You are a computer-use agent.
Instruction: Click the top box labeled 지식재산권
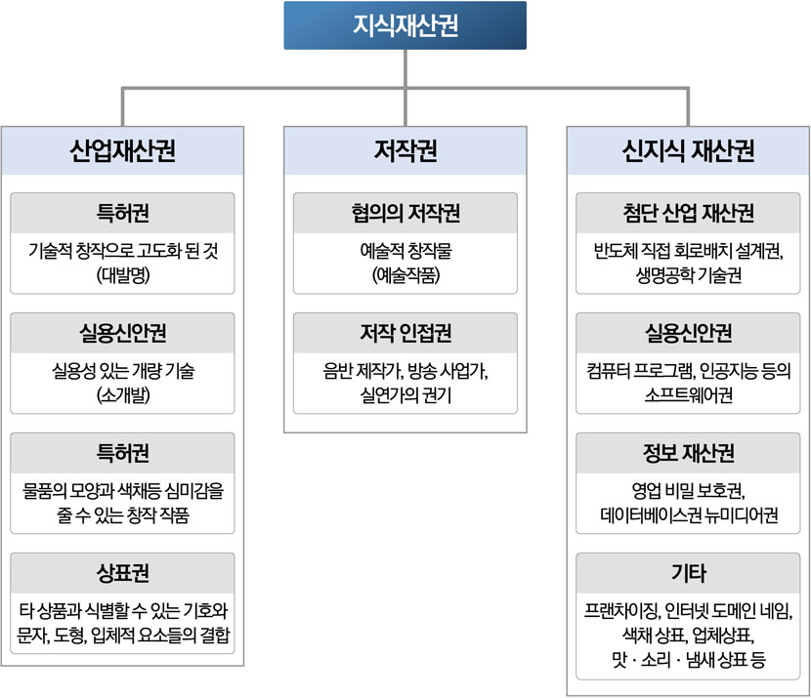405,25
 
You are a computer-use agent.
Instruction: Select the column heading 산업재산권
122,151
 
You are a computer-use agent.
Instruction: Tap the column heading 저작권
405,151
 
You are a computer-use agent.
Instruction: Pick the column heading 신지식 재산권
688,151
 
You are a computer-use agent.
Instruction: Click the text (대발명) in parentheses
123,275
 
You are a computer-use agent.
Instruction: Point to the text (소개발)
123,395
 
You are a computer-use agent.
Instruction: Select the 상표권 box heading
122,573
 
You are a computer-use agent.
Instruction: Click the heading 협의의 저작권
405,213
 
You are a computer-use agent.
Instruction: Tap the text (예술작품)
405,275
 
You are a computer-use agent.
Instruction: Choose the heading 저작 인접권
405,333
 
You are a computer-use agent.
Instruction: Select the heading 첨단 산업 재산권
688,213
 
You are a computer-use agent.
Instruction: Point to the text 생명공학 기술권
688,275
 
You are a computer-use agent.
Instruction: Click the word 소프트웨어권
688,395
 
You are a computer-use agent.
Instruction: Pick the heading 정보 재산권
688,453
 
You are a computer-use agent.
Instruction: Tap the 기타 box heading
688,573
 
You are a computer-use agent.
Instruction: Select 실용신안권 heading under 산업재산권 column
122,333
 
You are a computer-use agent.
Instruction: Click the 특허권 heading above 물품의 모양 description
122,453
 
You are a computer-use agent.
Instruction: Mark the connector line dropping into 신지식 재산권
688,107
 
